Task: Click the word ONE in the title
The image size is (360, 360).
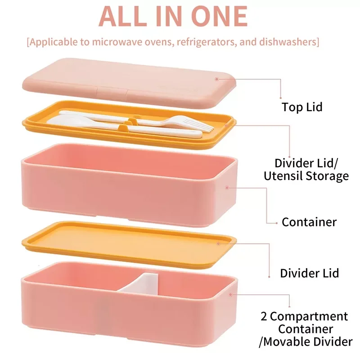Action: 219,16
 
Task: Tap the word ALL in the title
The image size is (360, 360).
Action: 123,16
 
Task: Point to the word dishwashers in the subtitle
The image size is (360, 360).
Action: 288,42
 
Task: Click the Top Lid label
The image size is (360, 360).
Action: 302,107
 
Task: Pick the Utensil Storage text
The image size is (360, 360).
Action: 306,176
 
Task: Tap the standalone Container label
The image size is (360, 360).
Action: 309,222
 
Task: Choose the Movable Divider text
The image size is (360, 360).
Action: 308,342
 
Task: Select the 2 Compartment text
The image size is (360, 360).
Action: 304,316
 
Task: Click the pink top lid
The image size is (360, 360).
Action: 129,82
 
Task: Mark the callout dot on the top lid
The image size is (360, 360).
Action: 216,79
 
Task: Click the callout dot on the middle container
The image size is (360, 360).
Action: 227,188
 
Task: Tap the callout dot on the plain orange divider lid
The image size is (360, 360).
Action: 218,243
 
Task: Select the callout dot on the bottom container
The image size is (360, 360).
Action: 231,295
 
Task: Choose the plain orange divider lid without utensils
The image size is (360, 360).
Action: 129,245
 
